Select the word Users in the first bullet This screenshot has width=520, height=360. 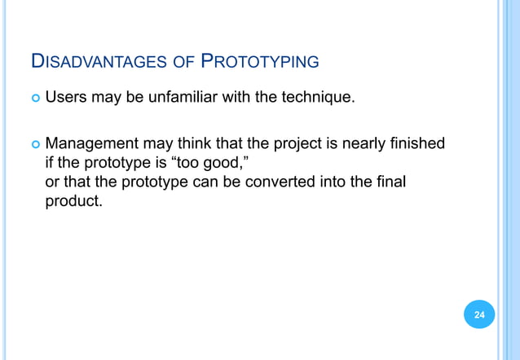64,99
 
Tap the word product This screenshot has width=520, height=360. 73,198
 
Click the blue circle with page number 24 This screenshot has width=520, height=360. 478,314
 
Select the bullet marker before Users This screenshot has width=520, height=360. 33,99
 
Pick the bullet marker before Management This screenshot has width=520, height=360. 33,145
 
